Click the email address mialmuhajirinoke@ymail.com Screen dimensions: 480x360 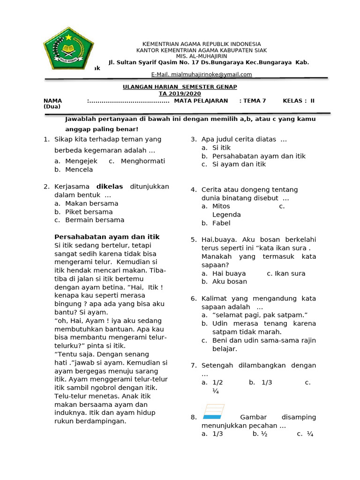[202, 75]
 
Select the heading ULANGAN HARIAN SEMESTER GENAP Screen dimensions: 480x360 [180, 87]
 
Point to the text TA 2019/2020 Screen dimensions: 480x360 [180, 94]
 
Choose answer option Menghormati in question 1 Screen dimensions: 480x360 [142, 161]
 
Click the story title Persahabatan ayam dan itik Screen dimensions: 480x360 [107, 237]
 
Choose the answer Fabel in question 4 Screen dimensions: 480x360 [221, 223]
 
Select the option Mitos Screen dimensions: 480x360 [221, 206]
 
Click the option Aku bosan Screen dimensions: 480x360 [230, 282]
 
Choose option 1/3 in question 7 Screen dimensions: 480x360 [266, 382]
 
